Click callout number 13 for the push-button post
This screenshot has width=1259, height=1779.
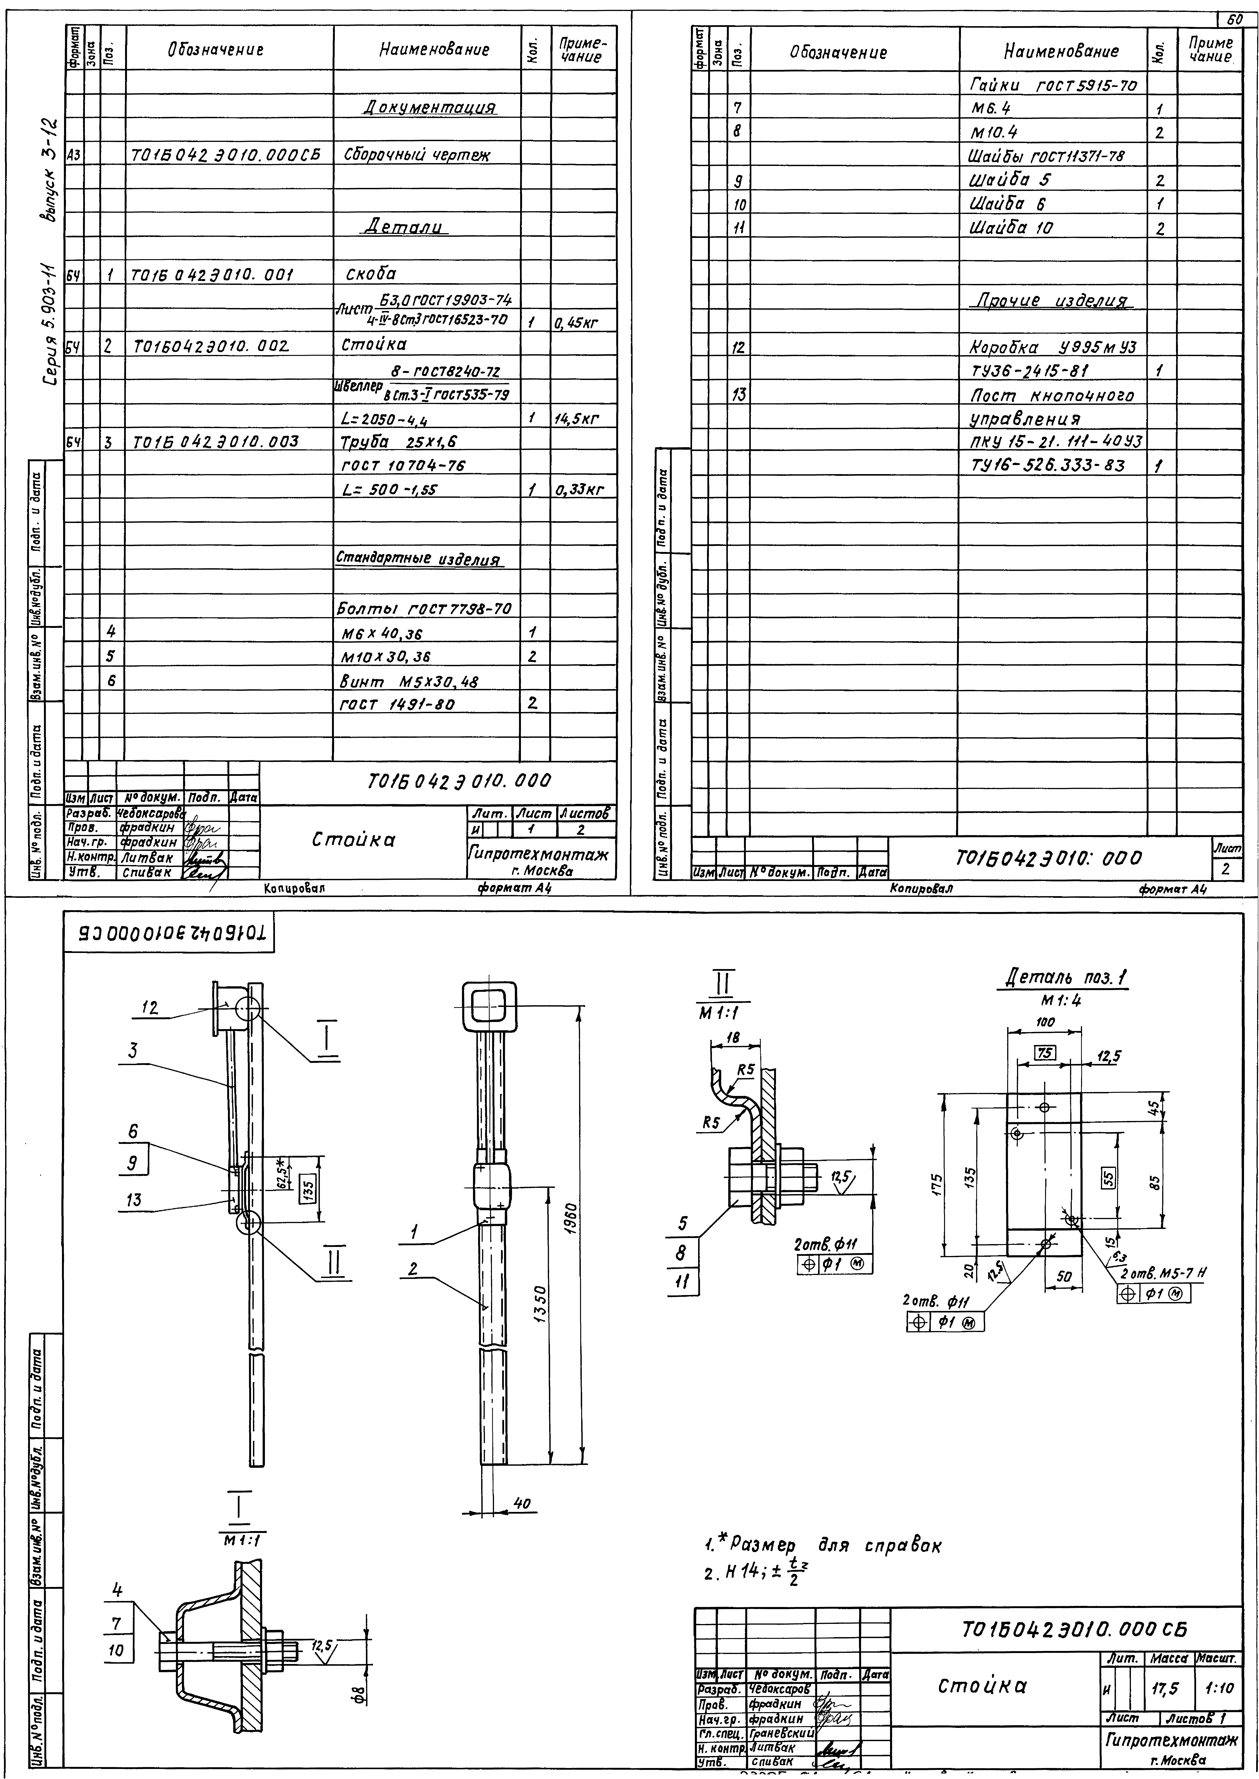[133, 1200]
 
